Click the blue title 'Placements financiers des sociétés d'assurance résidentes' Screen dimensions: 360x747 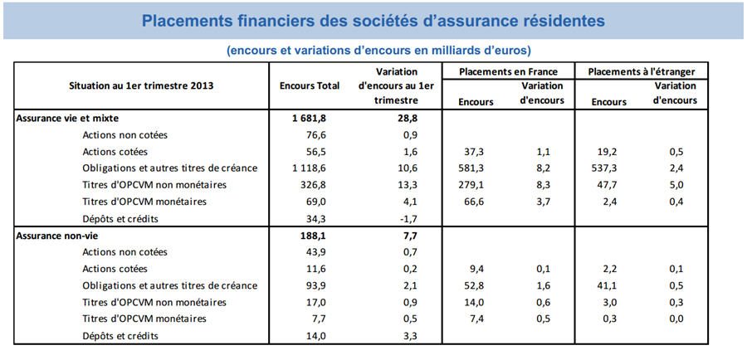click(x=373, y=19)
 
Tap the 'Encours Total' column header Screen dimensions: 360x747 click(x=310, y=86)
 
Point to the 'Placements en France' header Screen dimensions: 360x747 click(x=508, y=71)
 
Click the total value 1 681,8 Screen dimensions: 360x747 click(x=310, y=119)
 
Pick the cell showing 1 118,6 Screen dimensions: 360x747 click(x=310, y=168)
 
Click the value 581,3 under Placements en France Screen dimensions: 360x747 click(x=476, y=168)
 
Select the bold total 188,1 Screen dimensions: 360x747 click(x=310, y=236)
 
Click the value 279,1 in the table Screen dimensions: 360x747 click(x=476, y=185)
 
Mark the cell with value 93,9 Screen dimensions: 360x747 click(x=310, y=286)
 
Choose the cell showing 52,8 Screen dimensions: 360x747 click(x=476, y=286)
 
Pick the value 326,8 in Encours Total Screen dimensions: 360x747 click(x=310, y=185)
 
